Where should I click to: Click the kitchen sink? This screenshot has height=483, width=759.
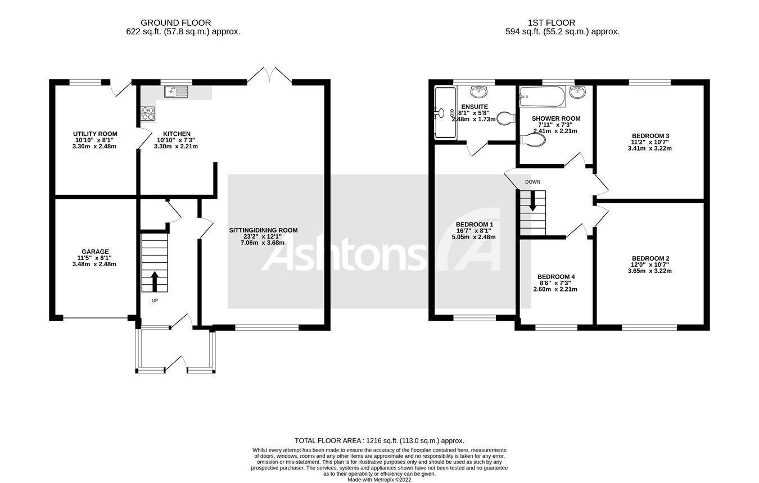[x=176, y=92]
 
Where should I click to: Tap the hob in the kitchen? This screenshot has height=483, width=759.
[x=147, y=113]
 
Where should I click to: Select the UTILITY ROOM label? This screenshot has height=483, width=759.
[x=95, y=134]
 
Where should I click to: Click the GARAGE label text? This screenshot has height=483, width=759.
[x=95, y=252]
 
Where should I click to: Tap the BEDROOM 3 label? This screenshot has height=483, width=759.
[x=650, y=136]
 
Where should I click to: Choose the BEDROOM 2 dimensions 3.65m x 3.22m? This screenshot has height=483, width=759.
[x=650, y=271]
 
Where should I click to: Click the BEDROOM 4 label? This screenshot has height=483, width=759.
[x=555, y=277]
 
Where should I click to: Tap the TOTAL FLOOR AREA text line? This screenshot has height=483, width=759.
[x=379, y=441]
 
